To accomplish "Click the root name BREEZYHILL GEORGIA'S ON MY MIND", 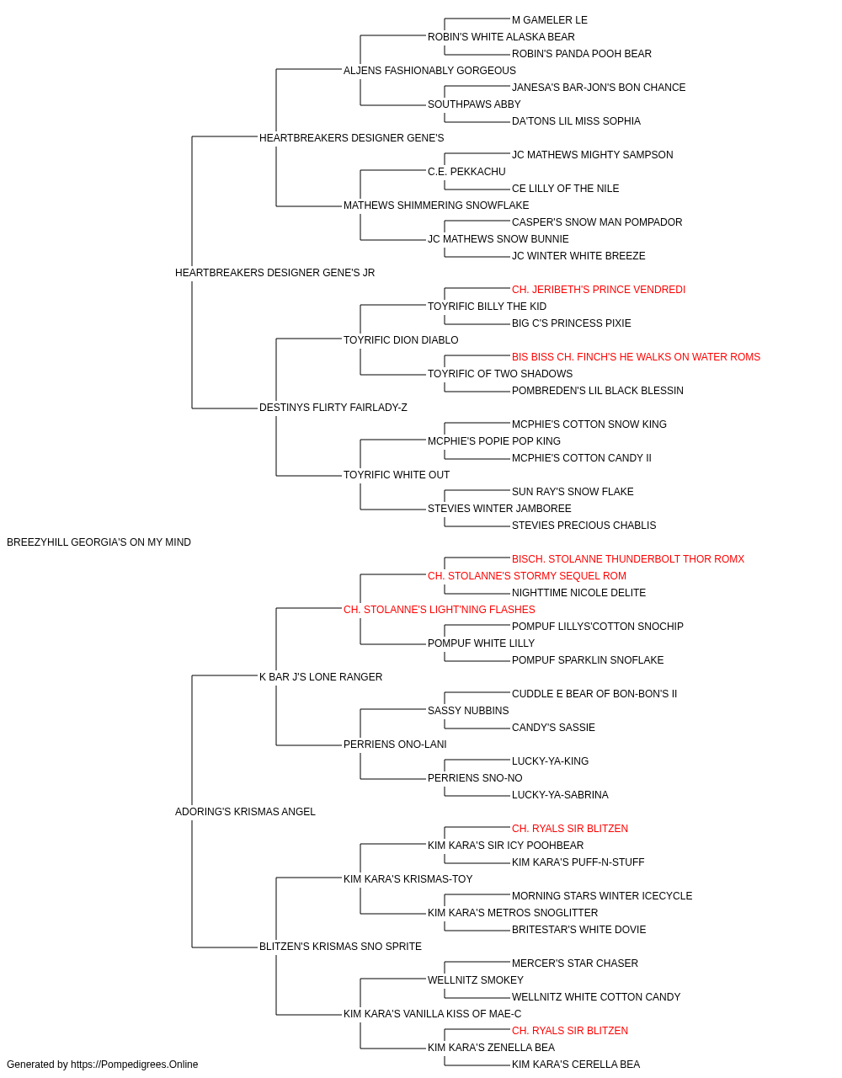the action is (x=99, y=542).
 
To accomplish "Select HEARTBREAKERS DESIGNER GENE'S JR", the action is (x=274, y=272).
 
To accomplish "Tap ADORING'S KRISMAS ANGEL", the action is (x=245, y=812).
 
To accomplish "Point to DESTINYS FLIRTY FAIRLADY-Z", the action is (x=333, y=408).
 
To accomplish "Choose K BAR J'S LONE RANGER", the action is (x=321, y=676).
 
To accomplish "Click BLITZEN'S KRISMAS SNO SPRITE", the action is (x=340, y=946).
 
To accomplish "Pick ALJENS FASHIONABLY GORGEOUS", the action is (x=429, y=71).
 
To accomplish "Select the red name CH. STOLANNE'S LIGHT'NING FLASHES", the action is (x=440, y=609).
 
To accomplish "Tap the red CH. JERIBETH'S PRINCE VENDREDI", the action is (x=599, y=289).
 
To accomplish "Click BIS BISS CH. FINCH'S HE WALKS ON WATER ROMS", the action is (x=636, y=357).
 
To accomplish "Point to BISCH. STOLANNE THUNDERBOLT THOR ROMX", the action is (x=628, y=558).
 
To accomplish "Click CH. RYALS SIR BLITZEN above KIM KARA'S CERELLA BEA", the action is (x=570, y=1030).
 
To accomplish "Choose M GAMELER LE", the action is (x=550, y=20).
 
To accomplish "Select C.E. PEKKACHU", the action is (x=466, y=172).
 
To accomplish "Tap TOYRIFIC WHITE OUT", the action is (x=397, y=475).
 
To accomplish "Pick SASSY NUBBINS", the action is (x=468, y=711).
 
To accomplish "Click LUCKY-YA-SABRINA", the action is (x=560, y=795).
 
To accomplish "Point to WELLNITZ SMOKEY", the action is (x=476, y=979).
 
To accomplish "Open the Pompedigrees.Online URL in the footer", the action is (x=135, y=1065).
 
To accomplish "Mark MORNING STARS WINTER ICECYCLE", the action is (x=602, y=895).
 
